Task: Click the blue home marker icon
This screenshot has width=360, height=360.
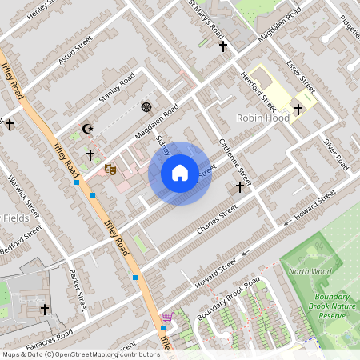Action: coord(180,173)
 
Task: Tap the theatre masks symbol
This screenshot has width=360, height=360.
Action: coord(110,169)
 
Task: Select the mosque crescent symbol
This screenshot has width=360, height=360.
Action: coord(88,129)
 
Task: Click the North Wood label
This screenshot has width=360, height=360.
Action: coord(310,272)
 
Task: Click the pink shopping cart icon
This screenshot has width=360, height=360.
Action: coord(167,318)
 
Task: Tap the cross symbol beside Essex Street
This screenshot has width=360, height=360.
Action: coord(298,110)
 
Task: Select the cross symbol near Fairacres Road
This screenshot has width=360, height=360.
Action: coord(45,309)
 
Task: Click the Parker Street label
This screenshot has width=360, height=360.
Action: coord(78,290)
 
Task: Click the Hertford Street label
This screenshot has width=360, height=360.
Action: coord(258,90)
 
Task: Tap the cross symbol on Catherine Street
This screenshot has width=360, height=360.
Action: coord(239,187)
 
